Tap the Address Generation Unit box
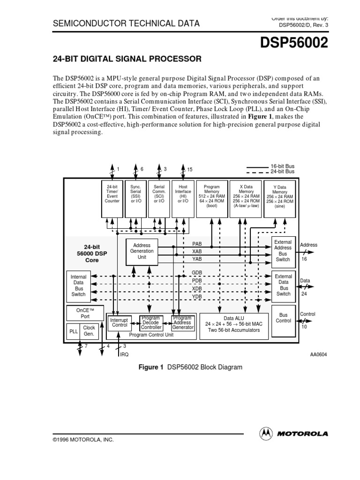pos(142,251)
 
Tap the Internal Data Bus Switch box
pos(78,286)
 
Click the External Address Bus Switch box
pos(283,251)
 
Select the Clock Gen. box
pos(89,331)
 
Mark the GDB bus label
pos(197,273)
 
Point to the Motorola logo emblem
pos(266,434)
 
